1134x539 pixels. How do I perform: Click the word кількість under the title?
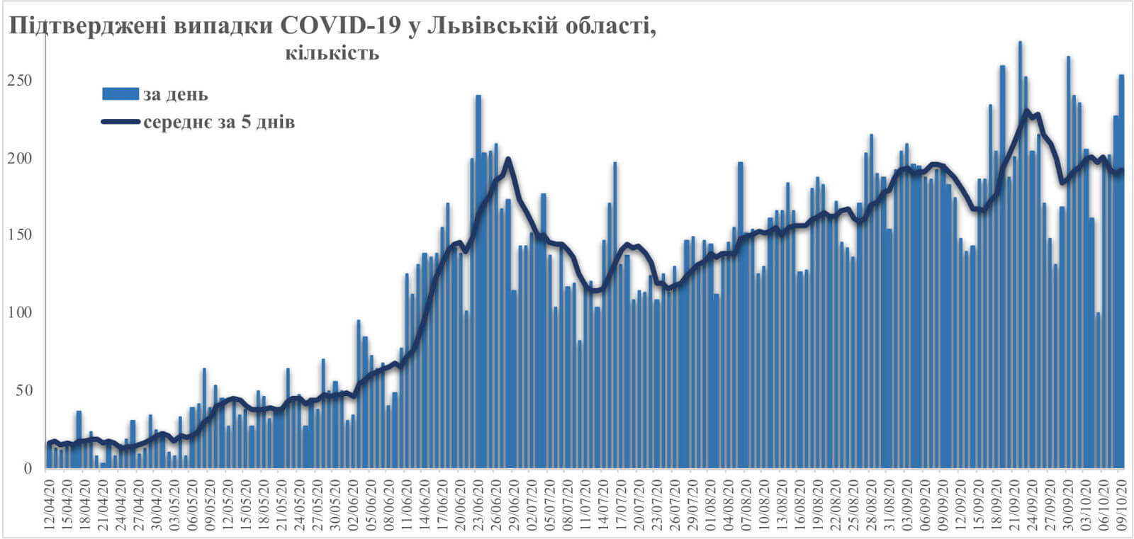tap(332, 53)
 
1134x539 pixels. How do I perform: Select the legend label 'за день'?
tap(175, 94)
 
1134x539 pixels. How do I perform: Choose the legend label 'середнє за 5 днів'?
tap(219, 123)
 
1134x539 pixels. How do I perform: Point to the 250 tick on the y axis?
tap(21, 81)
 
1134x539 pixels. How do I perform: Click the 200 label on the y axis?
tap(21, 158)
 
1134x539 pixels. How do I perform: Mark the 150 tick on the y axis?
tap(21, 235)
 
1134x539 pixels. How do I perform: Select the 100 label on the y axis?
tap(21, 313)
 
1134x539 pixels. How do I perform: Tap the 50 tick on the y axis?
tap(24, 390)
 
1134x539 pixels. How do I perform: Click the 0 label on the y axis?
tap(28, 468)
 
